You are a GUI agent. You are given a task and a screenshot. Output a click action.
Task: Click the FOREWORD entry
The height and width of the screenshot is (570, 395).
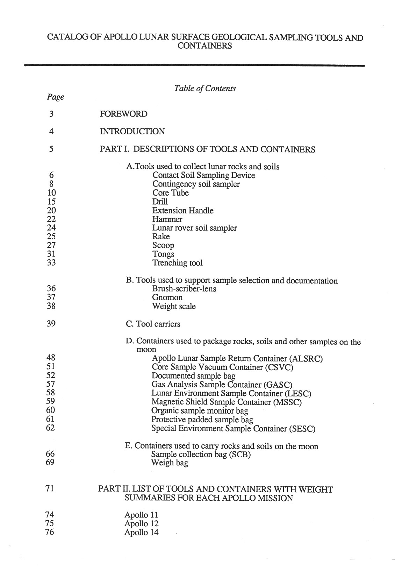tap(123, 114)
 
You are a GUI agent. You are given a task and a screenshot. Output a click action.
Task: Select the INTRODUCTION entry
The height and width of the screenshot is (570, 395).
tap(132, 132)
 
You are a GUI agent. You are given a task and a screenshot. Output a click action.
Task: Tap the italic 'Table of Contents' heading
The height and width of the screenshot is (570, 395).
tap(205, 89)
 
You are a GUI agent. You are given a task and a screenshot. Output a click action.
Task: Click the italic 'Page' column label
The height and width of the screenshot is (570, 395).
tap(55, 97)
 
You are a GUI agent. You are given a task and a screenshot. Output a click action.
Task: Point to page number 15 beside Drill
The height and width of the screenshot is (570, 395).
tap(51, 202)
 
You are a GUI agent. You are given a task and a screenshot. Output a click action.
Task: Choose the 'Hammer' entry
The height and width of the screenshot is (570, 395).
tap(167, 219)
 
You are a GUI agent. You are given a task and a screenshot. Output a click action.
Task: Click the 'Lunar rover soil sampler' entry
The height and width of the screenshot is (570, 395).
tap(194, 228)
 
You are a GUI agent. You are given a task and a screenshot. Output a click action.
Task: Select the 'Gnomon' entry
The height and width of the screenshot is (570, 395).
tap(167, 297)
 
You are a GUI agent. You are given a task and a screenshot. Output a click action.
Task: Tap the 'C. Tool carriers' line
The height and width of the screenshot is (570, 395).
tap(153, 324)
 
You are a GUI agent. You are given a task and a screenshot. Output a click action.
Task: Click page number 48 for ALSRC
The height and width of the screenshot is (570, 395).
tap(51, 358)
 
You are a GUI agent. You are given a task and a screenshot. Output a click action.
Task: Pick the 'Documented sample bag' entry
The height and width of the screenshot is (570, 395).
tap(193, 376)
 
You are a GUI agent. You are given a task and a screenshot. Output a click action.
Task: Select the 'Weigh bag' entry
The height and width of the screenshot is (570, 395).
tap(170, 463)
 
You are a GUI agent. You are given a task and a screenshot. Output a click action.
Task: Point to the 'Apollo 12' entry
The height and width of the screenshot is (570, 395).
tap(141, 524)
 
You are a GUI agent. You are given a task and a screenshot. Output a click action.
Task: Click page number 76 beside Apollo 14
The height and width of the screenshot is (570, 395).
tap(50, 532)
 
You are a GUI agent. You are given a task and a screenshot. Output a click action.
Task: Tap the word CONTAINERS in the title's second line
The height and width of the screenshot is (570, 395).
tap(205, 46)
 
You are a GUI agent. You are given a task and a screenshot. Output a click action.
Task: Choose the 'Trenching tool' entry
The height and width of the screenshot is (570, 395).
tap(177, 263)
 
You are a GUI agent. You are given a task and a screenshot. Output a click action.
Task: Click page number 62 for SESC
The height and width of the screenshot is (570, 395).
tap(51, 428)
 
